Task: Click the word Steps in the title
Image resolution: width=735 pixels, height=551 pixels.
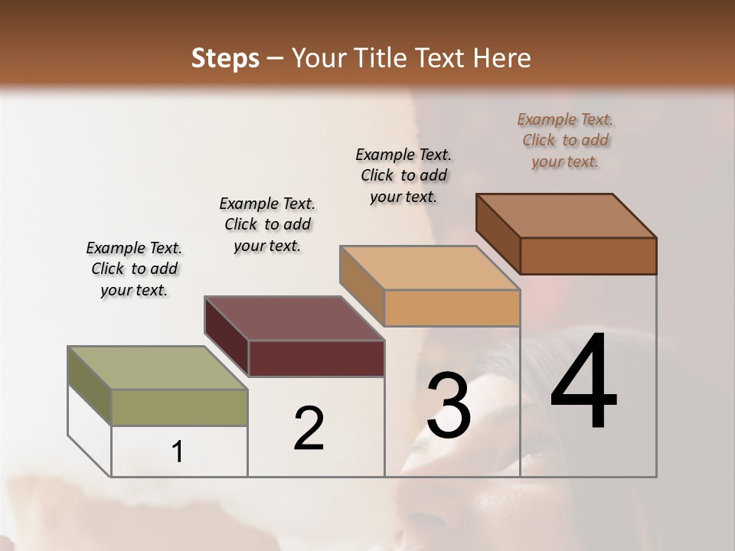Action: pos(225,59)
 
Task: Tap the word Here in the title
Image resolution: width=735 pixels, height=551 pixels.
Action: pos(502,59)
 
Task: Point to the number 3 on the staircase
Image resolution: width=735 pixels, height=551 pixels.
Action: pos(449,406)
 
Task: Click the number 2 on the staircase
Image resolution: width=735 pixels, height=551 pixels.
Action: pos(309,429)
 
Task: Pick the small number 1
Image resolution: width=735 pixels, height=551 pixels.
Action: pos(178,452)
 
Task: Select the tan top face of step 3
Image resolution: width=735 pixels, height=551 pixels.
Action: pos(430,268)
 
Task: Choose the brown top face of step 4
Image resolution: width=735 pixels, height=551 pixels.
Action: pos(567,216)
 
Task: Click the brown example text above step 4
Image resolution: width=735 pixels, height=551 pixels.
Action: pos(565,141)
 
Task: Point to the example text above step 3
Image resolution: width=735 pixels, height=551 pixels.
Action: pos(403,175)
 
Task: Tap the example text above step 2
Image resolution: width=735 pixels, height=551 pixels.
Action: pos(267,224)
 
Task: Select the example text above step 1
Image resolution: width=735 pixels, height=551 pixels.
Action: pos(134,269)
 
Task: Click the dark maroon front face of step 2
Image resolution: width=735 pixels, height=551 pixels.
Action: pos(316,358)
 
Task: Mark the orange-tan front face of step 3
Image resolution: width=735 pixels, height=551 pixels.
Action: pos(452,308)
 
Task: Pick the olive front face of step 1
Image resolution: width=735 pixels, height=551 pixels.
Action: pos(179,407)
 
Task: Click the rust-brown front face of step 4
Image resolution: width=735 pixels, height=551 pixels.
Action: pos(588,256)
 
